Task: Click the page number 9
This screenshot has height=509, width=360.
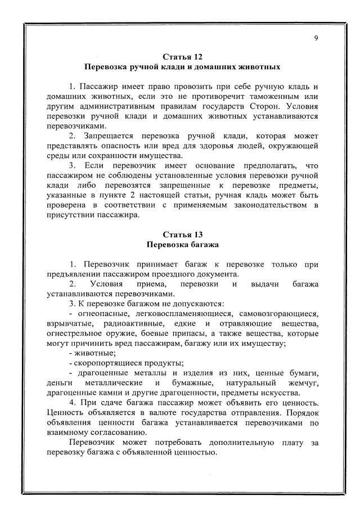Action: (x=316, y=38)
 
